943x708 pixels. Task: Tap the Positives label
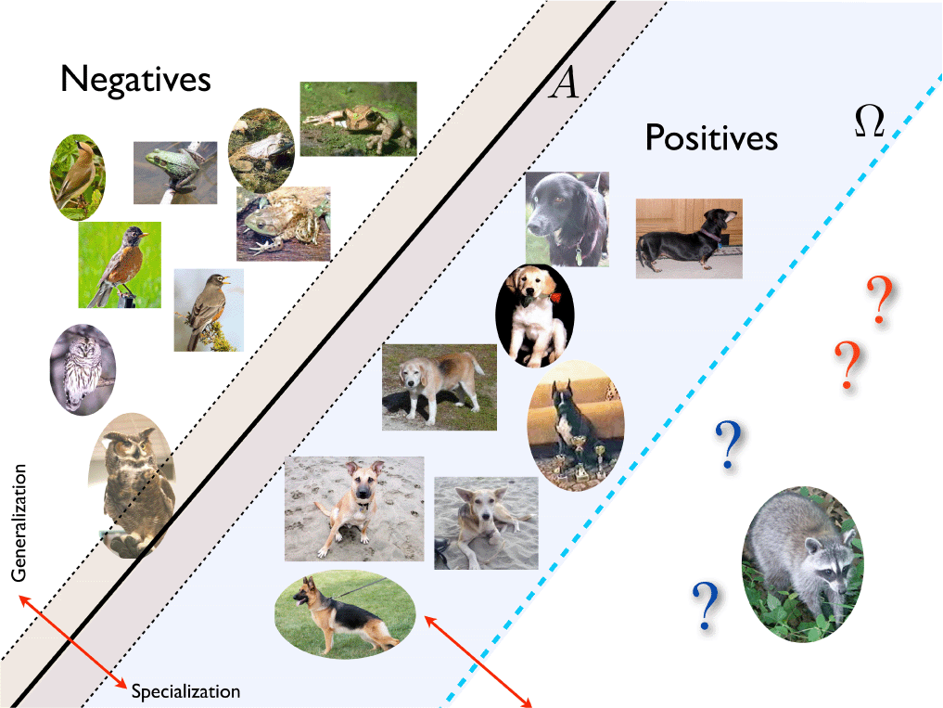click(711, 137)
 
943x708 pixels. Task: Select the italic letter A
click(564, 83)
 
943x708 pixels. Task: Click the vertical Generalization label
click(19, 522)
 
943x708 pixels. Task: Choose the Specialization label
click(185, 691)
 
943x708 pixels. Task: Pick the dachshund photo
click(689, 238)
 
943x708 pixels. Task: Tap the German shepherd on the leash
click(345, 614)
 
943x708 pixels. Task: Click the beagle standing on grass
click(440, 387)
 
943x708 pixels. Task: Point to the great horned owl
click(133, 485)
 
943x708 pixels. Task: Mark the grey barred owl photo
click(83, 369)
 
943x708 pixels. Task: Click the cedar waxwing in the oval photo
click(78, 177)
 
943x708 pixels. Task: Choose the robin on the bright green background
click(120, 264)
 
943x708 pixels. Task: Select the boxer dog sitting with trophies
click(576, 426)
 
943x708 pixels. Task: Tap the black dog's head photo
click(567, 219)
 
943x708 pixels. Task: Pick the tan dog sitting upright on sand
click(354, 508)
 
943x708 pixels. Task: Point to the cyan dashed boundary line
click(692, 391)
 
